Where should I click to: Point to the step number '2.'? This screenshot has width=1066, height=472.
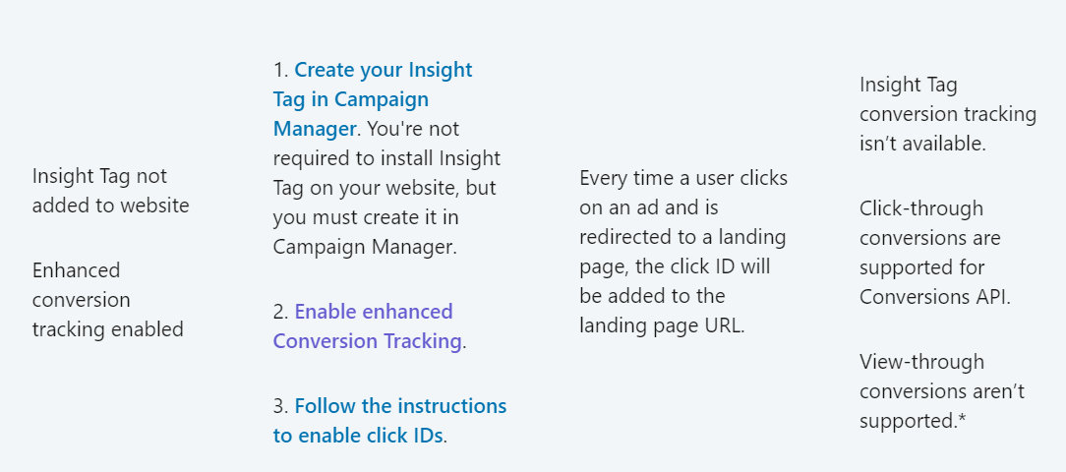click(281, 312)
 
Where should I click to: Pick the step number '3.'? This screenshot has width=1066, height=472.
click(281, 406)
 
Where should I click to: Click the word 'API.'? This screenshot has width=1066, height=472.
click(990, 297)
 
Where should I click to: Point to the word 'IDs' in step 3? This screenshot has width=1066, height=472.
click(426, 436)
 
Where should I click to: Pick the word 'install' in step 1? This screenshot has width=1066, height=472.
click(402, 158)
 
